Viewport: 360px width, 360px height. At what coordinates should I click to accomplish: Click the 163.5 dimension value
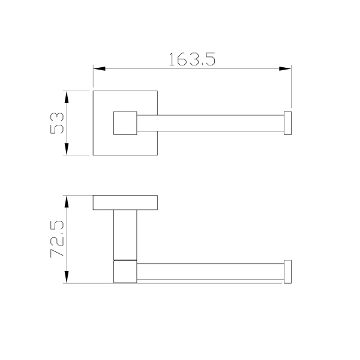tap(192, 59)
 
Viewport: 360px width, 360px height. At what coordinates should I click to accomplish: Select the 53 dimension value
tap(57, 123)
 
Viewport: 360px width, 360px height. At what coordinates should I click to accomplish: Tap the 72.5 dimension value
tap(57, 239)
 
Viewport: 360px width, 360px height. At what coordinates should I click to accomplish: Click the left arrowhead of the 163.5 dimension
tap(99, 68)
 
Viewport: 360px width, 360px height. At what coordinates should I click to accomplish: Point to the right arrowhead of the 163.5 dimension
tap(285, 68)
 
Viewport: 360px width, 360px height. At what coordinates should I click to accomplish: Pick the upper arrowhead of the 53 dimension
tap(67, 97)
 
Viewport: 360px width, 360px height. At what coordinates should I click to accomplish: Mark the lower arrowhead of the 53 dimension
tap(67, 149)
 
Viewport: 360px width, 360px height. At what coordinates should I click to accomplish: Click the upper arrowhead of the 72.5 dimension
tap(67, 202)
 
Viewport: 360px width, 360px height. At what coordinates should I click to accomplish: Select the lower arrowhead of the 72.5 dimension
tap(67, 277)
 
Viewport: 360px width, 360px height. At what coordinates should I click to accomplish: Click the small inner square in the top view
tap(125, 123)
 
